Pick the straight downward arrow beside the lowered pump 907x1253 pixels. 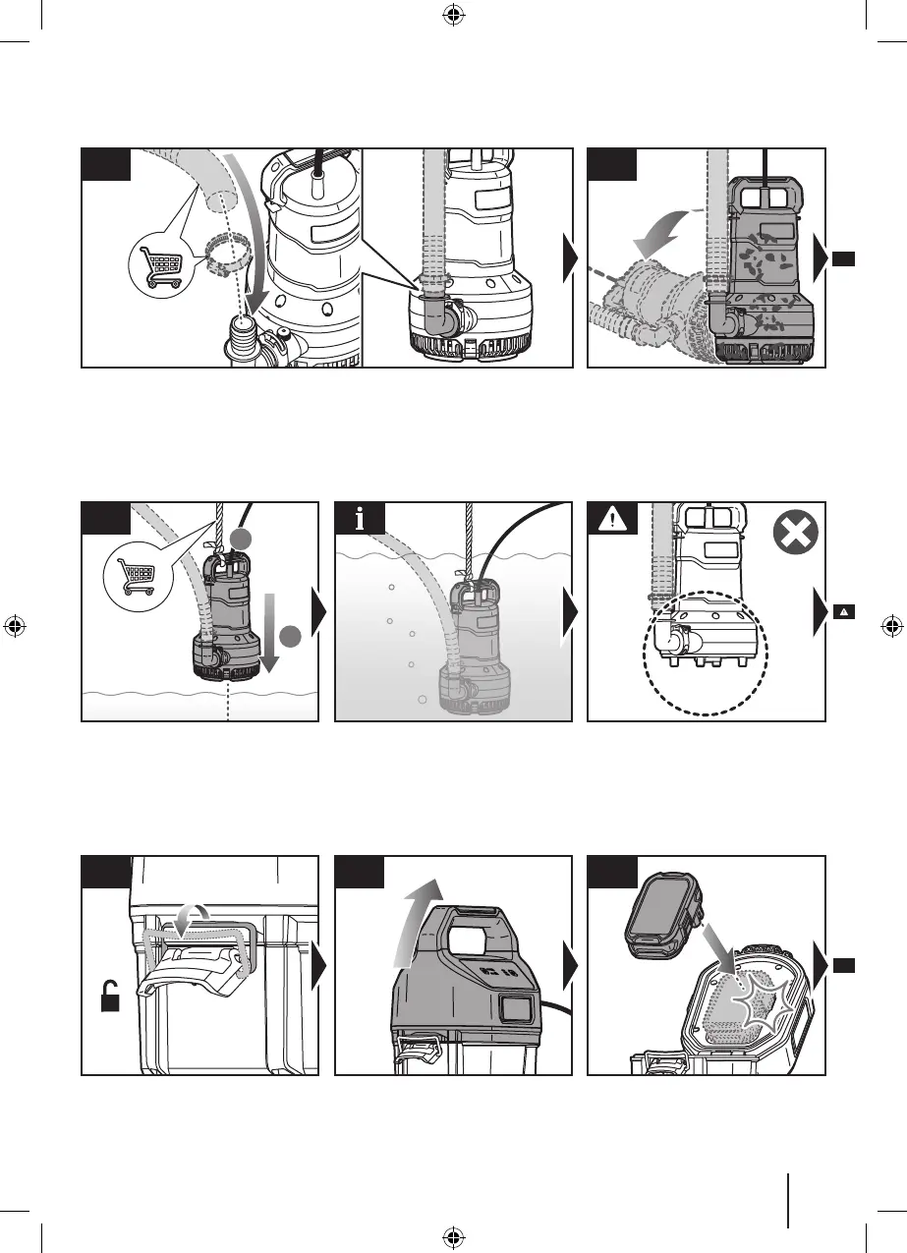[x=270, y=629]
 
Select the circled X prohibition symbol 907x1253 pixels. [x=793, y=536]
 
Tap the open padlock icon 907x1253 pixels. [x=110, y=999]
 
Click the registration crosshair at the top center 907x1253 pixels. [x=453, y=15]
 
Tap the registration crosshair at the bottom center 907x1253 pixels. [x=453, y=1236]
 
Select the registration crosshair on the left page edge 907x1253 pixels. [x=15, y=626]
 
